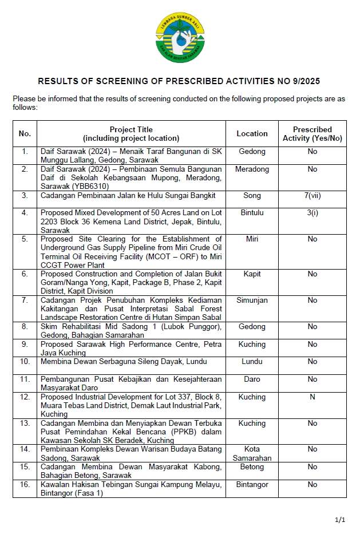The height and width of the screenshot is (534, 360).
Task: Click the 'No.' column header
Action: tap(25, 133)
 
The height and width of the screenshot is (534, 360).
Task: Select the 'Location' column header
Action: tap(252, 133)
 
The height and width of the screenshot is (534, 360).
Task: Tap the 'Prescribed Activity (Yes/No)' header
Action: tap(312, 133)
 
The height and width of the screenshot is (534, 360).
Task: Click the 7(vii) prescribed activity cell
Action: tap(312, 196)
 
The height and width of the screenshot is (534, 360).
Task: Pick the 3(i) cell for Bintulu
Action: tap(312, 213)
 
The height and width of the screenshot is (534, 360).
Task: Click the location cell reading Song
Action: tap(252, 196)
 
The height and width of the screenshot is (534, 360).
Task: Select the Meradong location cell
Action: tap(252, 169)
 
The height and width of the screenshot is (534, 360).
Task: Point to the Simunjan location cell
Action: tap(252, 300)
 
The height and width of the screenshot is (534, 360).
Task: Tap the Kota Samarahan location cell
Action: tap(252, 454)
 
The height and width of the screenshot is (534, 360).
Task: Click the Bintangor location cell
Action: tap(252, 485)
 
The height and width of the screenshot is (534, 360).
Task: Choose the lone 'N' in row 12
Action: tap(312, 397)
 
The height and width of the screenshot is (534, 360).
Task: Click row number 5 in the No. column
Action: tap(25, 239)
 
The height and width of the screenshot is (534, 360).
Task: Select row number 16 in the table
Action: tap(25, 485)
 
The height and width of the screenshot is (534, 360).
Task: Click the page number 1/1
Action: tap(340, 520)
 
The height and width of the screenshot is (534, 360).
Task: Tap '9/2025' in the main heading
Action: tap(311, 81)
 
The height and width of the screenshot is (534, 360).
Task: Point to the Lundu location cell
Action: tap(252, 362)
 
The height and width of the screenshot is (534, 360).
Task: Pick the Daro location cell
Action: tap(252, 379)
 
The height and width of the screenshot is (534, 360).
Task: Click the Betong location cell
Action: tap(252, 467)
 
